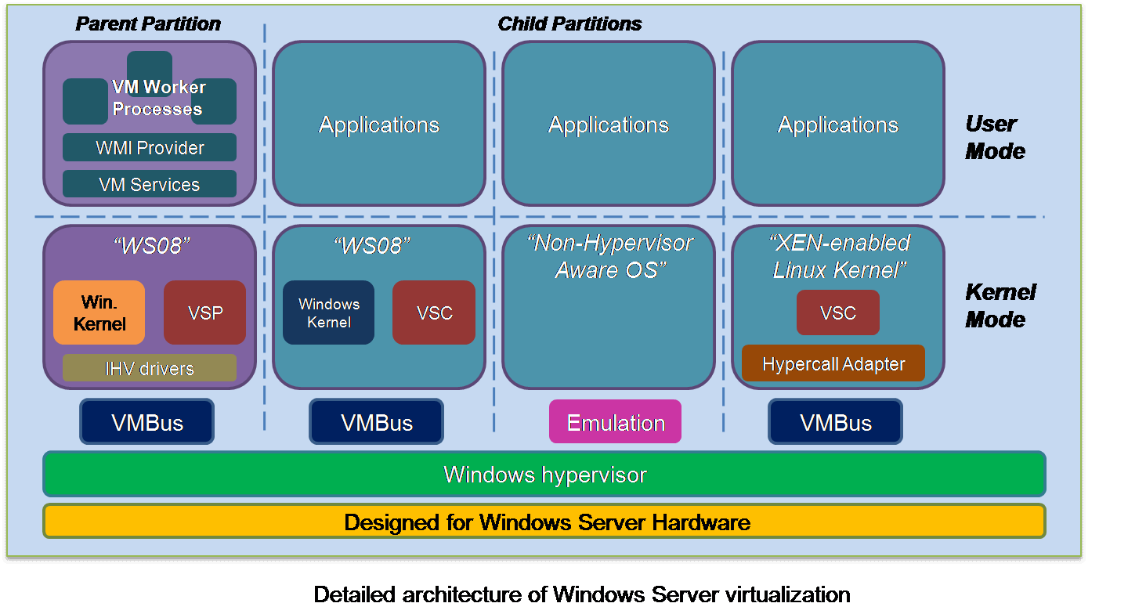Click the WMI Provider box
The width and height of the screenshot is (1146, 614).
click(x=150, y=147)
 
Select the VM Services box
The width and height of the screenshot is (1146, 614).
click(x=150, y=184)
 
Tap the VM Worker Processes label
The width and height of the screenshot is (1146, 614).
click(x=158, y=98)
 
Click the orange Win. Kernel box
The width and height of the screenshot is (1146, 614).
click(x=99, y=312)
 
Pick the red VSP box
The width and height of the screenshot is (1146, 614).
click(x=204, y=312)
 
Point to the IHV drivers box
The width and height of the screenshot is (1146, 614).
click(x=150, y=368)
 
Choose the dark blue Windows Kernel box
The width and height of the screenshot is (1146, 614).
click(x=328, y=312)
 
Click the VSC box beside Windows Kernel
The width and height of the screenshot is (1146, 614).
click(x=434, y=312)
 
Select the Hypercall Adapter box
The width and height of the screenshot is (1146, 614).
click(x=833, y=363)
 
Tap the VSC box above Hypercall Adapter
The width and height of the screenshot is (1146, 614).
click(x=838, y=312)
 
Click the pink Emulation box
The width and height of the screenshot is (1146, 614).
click(x=615, y=421)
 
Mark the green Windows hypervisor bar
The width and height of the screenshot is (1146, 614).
click(x=544, y=474)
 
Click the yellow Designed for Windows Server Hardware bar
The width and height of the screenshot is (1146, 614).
click(x=544, y=522)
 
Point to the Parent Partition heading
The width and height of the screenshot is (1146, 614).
click(x=148, y=23)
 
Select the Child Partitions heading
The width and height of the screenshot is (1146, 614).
click(x=569, y=23)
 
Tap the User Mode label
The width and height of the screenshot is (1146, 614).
click(x=995, y=137)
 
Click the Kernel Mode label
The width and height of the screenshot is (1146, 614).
click(x=1000, y=305)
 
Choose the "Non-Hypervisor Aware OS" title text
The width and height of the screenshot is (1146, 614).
click(x=610, y=256)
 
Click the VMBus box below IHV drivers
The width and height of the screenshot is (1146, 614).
click(x=146, y=421)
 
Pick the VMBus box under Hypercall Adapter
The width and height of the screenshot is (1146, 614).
click(x=836, y=421)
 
